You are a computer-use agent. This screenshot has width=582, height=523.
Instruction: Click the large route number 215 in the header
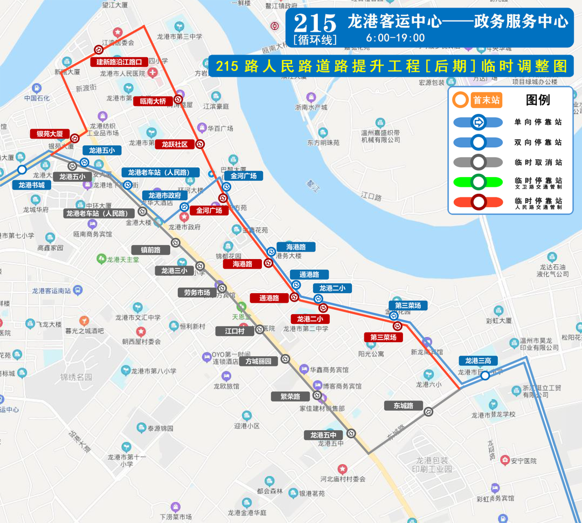coord(315,23)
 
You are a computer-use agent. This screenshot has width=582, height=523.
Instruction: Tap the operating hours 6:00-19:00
coord(395,38)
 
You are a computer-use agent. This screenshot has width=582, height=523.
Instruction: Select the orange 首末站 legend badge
coord(477,100)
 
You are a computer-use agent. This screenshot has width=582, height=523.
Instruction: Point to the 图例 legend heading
coord(538,100)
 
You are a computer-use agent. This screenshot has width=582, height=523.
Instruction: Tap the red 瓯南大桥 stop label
coord(153,101)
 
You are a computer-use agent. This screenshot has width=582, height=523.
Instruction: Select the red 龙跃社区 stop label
coord(175,145)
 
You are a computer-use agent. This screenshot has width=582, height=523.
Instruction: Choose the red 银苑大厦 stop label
coord(50,134)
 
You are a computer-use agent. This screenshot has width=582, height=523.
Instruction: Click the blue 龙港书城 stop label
coord(31,185)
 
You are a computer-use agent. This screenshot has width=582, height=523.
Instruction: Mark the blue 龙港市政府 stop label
coord(164,195)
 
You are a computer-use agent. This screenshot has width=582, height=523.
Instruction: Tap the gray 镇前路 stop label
coord(151,250)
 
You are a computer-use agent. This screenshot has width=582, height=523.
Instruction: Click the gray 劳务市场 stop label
coord(197,293)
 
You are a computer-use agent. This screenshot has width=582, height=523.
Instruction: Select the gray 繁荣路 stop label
coord(290,396)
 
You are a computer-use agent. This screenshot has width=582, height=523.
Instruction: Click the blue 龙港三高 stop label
coord(479,361)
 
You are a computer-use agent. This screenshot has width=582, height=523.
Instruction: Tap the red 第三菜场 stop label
coord(383,337)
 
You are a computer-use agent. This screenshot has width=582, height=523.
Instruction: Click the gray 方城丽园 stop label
coord(259,361)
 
